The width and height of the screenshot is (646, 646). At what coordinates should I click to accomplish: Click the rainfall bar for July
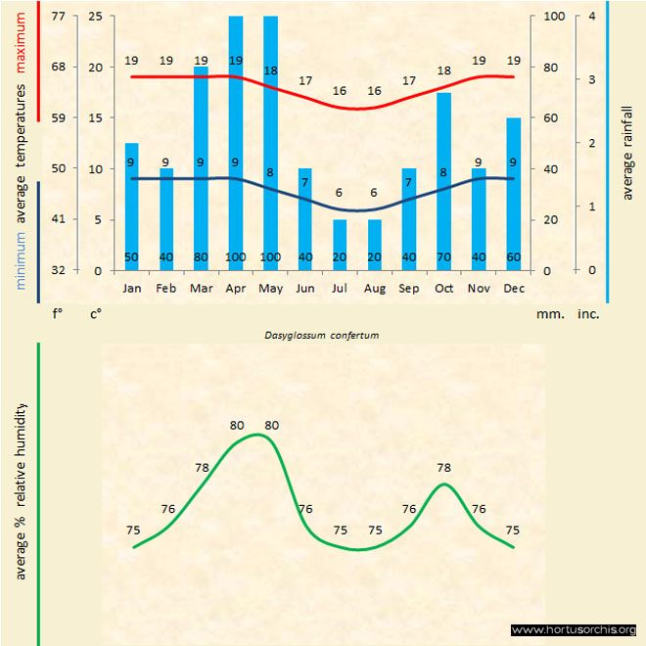pyautogui.click(x=340, y=245)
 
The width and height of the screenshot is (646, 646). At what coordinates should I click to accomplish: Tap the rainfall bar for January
pyautogui.click(x=131, y=207)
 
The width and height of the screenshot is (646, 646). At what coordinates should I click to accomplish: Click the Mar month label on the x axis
pyautogui.click(x=201, y=289)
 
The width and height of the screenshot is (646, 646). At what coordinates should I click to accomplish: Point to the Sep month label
pyautogui.click(x=409, y=289)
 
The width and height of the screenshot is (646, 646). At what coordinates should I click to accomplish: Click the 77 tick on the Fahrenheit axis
pyautogui.click(x=59, y=17)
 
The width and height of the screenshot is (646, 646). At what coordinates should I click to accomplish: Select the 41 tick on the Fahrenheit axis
pyautogui.click(x=59, y=219)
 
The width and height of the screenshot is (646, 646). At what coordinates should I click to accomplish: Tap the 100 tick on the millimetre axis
pyautogui.click(x=554, y=17)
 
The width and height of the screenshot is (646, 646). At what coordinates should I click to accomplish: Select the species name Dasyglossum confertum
pyautogui.click(x=322, y=335)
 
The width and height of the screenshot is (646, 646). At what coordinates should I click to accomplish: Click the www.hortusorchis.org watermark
pyautogui.click(x=574, y=629)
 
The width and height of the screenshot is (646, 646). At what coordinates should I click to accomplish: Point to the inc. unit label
pyautogui.click(x=588, y=315)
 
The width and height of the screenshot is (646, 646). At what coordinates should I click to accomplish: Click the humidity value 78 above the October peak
pyautogui.click(x=443, y=468)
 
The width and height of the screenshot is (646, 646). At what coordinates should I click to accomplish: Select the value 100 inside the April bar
pyautogui.click(x=235, y=258)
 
